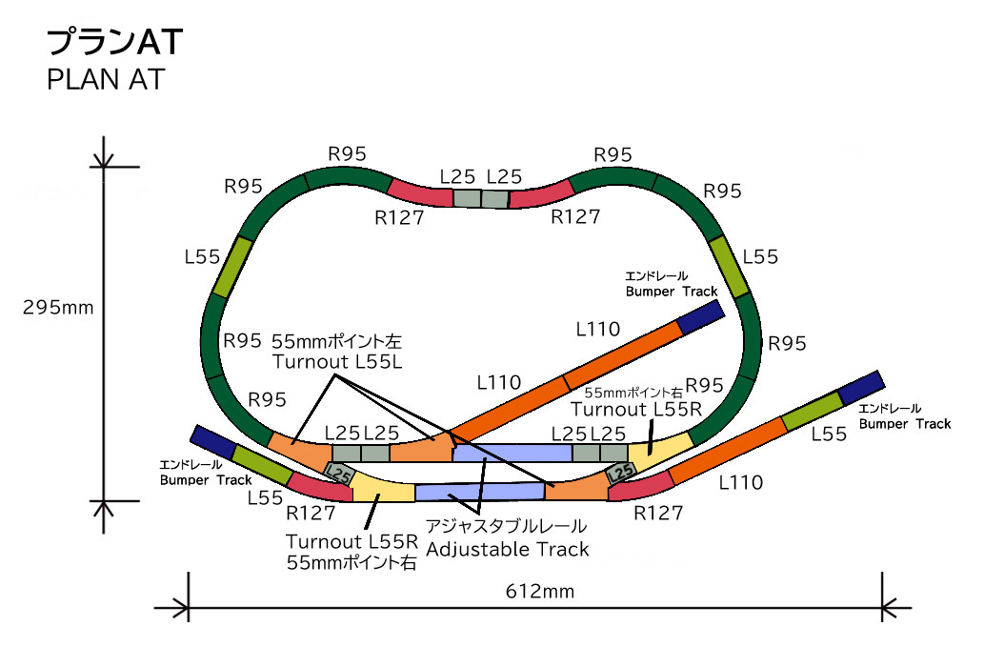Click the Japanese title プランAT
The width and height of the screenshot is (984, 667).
(114, 42)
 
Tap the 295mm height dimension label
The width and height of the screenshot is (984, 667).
(58, 308)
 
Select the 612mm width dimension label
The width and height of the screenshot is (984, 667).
(539, 592)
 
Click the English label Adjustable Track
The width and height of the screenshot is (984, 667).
(508, 549)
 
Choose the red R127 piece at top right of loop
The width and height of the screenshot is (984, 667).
(540, 193)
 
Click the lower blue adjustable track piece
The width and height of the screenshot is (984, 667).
(479, 492)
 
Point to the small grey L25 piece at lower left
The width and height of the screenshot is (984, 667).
(339, 472)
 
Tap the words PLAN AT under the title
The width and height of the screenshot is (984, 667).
(105, 80)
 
